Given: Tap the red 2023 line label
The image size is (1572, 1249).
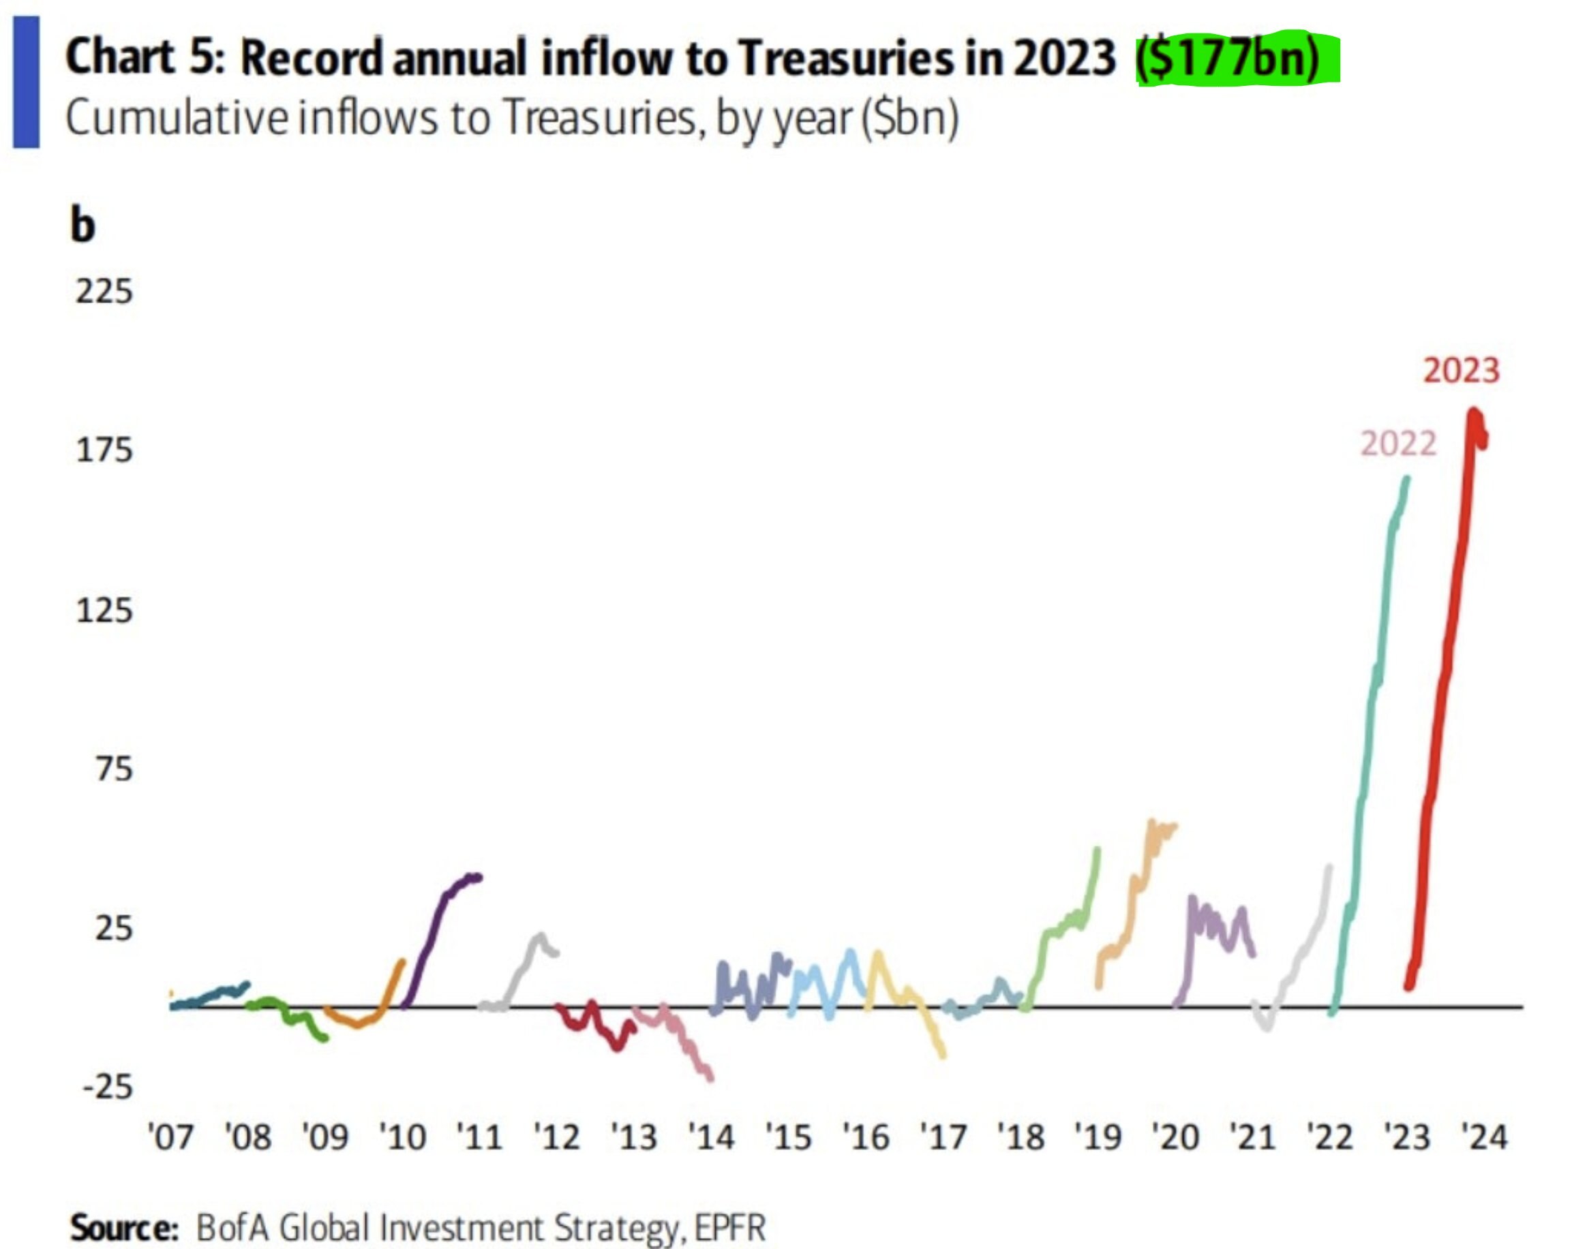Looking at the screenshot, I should tap(1461, 371).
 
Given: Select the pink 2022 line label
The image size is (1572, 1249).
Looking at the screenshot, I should tap(1397, 444).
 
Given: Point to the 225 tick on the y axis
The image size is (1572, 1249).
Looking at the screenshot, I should tap(104, 292).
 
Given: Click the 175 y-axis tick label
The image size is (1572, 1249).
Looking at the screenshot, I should tap(104, 450).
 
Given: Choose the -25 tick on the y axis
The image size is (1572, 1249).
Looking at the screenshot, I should tap(107, 1088).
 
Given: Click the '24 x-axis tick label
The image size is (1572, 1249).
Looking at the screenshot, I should tap(1484, 1137).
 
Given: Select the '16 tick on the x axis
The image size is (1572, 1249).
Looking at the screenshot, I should tap(866, 1137).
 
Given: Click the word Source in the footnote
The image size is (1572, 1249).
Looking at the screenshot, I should tap(124, 1228).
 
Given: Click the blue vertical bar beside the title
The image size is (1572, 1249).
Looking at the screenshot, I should tap(27, 82).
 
